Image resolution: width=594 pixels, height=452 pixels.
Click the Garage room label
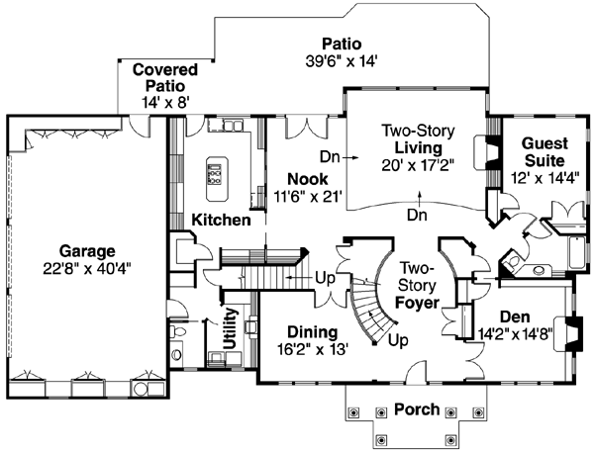(85, 250)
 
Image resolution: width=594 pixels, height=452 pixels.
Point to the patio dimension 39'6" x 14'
(341, 61)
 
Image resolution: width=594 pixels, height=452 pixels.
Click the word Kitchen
(221, 219)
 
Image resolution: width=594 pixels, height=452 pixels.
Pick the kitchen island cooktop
(214, 175)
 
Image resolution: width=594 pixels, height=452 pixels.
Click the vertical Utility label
(230, 325)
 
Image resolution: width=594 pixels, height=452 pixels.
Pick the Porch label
(416, 408)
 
